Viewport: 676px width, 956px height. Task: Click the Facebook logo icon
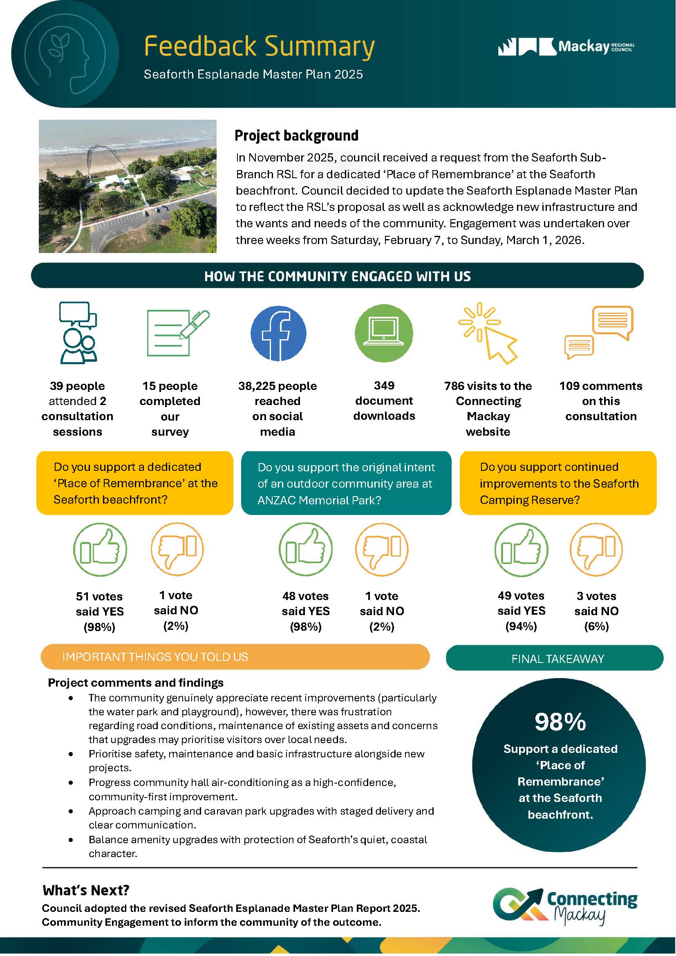pos(278,333)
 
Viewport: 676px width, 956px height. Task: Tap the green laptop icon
pos(383,333)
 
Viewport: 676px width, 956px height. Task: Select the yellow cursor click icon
pos(488,333)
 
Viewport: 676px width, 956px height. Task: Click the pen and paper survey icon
pos(178,333)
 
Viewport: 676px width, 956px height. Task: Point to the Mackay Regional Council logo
pos(566,47)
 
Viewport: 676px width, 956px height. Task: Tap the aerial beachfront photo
pos(128,186)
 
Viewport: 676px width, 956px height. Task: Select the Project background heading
pos(296,136)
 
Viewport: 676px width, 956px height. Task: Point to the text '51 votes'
pos(99,596)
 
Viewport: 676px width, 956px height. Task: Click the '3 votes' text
pos(596,596)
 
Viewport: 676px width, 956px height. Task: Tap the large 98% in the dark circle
pos(560,721)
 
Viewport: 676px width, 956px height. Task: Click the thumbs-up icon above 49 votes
pos(521,550)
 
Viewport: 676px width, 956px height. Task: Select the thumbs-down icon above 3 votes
pos(595,550)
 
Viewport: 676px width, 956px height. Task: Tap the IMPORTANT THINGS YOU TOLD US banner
pos(235,657)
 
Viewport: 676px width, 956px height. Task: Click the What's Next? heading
pos(86,890)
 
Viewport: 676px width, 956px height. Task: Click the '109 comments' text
pos(600,386)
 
